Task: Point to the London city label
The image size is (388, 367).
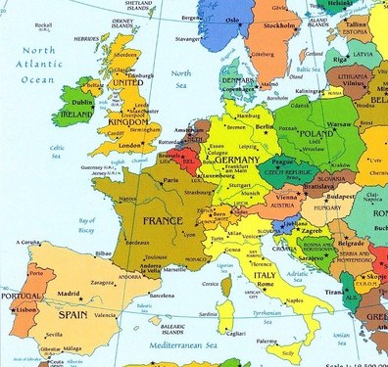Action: [131, 145]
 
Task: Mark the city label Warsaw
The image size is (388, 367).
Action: [333, 123]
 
